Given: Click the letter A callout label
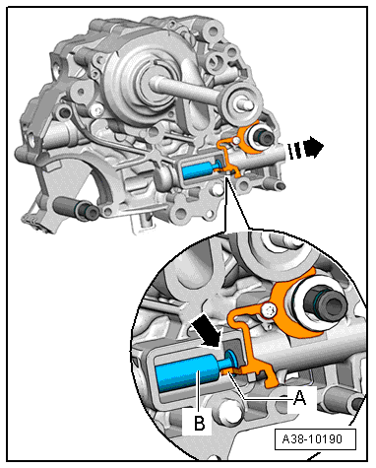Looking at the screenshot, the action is [x=300, y=398].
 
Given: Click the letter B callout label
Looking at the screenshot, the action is [x=200, y=423].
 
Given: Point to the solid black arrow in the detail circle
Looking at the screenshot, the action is [x=206, y=333].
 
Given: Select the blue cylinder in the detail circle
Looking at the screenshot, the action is [x=188, y=372].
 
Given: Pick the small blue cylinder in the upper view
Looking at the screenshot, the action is [x=196, y=170].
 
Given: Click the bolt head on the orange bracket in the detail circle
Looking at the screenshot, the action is [x=269, y=310].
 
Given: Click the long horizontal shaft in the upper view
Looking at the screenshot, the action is [x=187, y=88].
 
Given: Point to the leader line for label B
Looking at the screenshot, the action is [x=198, y=392].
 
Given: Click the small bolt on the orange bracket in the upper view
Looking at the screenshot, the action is [x=234, y=141].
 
